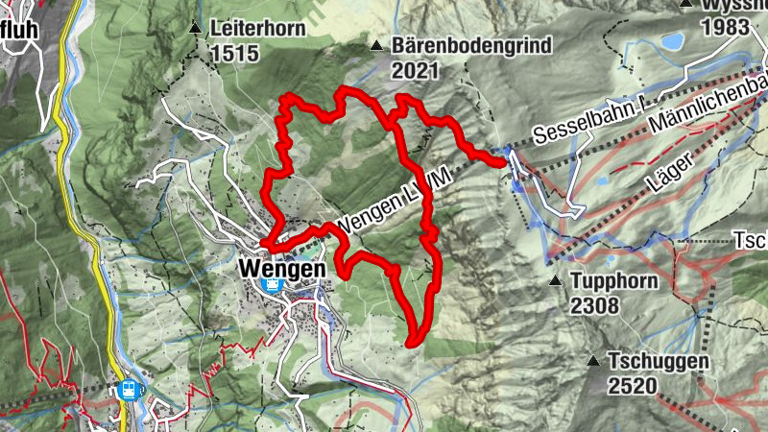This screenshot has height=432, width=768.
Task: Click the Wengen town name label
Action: click(280, 269)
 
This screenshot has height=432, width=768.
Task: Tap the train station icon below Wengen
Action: click(274, 285)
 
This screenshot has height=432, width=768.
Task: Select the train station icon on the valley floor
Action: click(129, 390)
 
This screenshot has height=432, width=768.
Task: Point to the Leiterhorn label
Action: click(256, 29)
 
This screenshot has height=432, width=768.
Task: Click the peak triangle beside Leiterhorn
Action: click(196, 28)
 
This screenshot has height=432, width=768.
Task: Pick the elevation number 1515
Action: click(233, 54)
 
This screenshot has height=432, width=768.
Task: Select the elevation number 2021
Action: click(416, 70)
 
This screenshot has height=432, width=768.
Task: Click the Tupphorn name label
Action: click(615, 282)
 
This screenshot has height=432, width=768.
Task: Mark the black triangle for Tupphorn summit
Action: click(555, 281)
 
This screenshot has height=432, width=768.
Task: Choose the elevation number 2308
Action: click(595, 306)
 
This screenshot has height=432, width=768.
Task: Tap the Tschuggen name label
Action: click(659, 362)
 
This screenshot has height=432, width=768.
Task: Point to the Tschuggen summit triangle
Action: click(593, 362)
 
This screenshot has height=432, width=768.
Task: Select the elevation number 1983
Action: click(725, 27)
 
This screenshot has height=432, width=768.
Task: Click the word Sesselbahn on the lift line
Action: click(576, 130)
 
